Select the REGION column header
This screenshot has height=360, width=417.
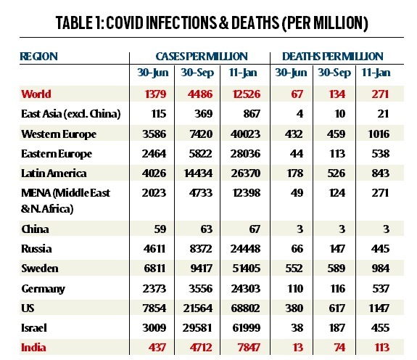coord(39,57)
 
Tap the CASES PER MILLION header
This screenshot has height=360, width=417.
coord(202,57)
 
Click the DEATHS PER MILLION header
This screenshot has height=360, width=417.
coord(332,57)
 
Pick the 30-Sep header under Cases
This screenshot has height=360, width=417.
coord(197,73)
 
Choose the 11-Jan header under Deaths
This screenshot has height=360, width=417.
coord(376,73)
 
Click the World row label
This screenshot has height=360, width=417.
coord(36,94)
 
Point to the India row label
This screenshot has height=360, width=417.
coord(33,348)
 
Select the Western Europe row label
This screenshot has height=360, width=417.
coord(59,134)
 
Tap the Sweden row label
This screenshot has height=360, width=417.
coord(40,269)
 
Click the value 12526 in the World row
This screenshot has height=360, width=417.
coord(247,94)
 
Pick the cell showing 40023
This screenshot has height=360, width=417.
coord(245,134)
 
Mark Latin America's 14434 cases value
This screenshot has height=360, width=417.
coord(199,173)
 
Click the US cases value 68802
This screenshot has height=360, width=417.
coord(245,308)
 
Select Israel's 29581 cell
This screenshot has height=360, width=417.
coord(197,328)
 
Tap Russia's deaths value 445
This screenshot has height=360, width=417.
coord(380,249)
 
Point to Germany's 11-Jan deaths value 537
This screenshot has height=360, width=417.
coord(381,288)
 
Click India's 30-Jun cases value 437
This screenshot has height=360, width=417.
coord(157,348)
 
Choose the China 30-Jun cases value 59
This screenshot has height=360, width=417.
coord(160,229)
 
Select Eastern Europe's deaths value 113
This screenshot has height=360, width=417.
coord(337,154)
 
